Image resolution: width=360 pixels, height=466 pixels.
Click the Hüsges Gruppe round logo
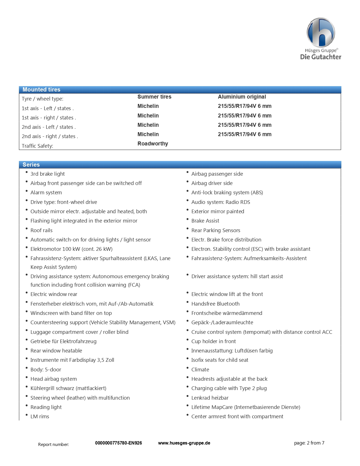(321, 32)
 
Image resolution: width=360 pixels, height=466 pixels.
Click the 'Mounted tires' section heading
(42, 90)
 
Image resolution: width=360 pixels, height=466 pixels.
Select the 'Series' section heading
(31, 165)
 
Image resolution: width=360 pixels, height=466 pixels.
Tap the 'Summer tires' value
(154, 97)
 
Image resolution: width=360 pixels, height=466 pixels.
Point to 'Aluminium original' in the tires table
(242, 97)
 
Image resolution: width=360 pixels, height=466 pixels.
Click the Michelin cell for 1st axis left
(148, 106)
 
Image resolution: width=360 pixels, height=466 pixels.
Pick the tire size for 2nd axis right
(245, 134)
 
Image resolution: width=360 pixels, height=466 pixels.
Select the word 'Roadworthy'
(152, 143)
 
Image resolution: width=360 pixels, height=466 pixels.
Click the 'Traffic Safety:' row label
(37, 146)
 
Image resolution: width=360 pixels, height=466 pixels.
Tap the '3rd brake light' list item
(47, 174)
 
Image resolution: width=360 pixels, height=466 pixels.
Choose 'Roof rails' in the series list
(41, 230)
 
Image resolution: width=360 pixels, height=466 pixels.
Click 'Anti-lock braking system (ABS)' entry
(227, 192)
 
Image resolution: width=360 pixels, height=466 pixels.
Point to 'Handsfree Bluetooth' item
(215, 304)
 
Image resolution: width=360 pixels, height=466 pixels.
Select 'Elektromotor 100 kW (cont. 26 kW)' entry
(71, 249)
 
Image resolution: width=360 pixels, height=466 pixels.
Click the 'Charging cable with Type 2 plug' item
(229, 388)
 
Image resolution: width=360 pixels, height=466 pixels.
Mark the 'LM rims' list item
(40, 416)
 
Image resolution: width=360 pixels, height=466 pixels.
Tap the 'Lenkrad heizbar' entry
(210, 398)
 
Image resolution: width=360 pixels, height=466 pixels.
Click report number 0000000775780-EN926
(118, 443)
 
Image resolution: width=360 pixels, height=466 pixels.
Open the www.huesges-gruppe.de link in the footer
(184, 443)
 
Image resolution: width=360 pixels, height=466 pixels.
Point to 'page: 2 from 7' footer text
(309, 443)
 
